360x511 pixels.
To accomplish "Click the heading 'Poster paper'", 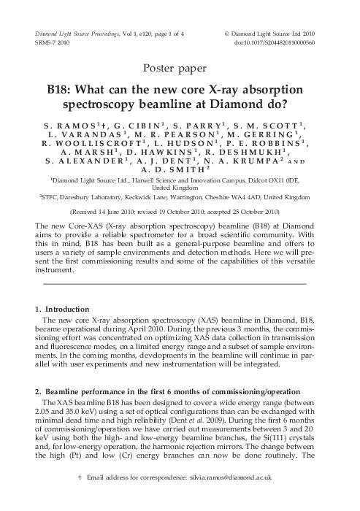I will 180,70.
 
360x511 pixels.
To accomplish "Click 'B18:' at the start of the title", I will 61,92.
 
